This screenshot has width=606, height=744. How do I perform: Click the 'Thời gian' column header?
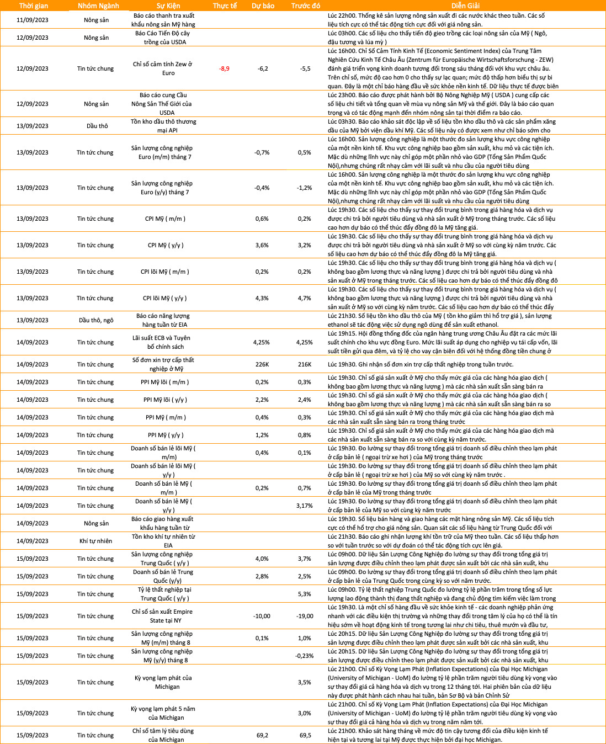[33, 6]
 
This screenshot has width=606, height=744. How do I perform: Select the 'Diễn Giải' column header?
[465, 6]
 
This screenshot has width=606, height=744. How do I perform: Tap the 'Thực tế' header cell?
[225, 6]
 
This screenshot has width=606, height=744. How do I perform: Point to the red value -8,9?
[224, 68]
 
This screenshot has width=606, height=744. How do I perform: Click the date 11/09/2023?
[32, 20]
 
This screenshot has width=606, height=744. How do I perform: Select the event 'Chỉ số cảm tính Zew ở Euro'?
[162, 68]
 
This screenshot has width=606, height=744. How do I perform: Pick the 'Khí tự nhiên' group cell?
[95, 541]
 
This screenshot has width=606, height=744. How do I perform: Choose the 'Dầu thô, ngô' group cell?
[95, 320]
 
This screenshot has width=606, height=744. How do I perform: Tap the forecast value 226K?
[262, 364]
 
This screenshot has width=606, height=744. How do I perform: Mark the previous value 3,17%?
[305, 506]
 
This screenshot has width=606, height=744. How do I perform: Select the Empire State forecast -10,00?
[262, 616]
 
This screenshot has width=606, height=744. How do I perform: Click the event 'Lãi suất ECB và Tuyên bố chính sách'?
[161, 342]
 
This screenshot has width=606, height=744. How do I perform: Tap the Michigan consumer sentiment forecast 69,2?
[262, 735]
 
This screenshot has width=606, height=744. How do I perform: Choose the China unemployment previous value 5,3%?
[305, 594]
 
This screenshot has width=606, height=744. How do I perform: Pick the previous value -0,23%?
[305, 656]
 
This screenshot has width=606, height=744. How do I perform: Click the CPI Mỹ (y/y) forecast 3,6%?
[262, 245]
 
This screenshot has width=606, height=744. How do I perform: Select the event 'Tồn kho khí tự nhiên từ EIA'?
[163, 541]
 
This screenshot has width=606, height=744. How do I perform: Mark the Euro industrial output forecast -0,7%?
[262, 152]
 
